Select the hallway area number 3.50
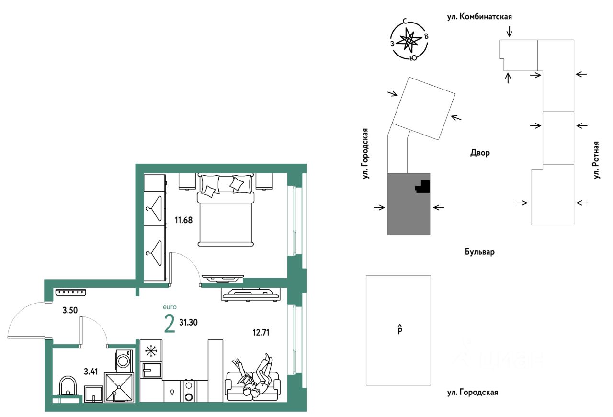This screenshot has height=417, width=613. (70, 310)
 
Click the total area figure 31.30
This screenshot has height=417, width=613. (188, 322)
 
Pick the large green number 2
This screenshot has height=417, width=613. (169, 324)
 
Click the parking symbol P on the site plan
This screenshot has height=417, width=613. (399, 330)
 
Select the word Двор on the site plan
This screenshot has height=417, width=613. (480, 153)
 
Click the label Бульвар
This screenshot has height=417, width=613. (479, 252)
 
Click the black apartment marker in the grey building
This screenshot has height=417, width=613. (423, 187)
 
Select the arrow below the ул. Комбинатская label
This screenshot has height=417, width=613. (510, 32)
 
